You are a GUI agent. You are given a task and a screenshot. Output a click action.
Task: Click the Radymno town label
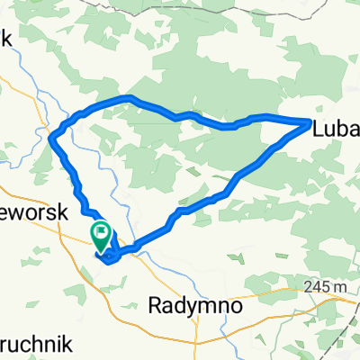[x=199, y=306]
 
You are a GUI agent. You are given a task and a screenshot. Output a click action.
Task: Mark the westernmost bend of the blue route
[x=53, y=137]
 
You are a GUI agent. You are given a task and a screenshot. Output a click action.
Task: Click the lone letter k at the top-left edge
[x=4, y=40]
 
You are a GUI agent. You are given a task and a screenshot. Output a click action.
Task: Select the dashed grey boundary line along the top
[x=225, y=7]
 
